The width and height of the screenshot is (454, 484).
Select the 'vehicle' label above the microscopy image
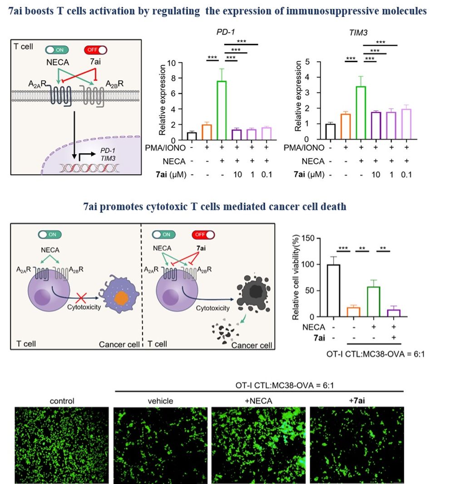pos(160,401)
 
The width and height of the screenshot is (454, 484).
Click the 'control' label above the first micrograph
pos(62,401)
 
